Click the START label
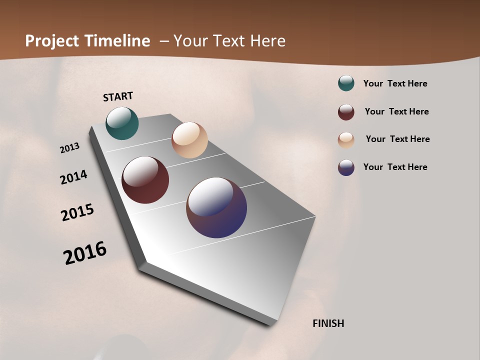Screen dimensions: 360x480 (x=118, y=96)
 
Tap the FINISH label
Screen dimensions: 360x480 (x=328, y=323)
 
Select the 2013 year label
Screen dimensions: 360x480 (x=69, y=148)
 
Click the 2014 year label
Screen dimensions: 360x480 (x=73, y=177)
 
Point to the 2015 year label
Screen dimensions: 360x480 (x=77, y=212)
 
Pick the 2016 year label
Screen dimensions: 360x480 (x=85, y=253)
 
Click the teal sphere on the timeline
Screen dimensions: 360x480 (x=122, y=123)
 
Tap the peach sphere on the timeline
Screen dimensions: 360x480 (x=189, y=140)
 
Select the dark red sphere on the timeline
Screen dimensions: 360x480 (x=145, y=180)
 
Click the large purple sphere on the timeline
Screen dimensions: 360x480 (x=216, y=207)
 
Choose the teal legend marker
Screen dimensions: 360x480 (x=346, y=83)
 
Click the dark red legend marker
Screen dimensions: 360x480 (x=346, y=112)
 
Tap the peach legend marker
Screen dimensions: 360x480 (x=346, y=140)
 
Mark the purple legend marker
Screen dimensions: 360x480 (x=346, y=167)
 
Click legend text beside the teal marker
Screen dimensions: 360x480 (x=395, y=83)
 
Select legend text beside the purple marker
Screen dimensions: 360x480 (x=395, y=167)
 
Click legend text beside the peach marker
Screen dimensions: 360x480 (x=397, y=139)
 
